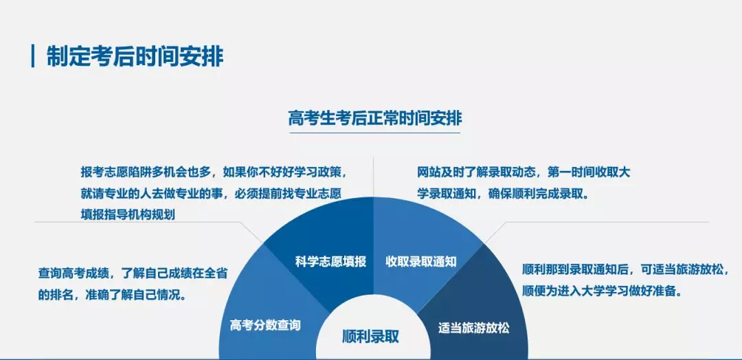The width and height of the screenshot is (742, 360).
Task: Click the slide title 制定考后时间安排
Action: point(135,56)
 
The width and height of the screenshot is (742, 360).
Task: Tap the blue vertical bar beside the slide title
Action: point(33,56)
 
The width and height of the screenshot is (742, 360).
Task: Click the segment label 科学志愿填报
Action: point(331,261)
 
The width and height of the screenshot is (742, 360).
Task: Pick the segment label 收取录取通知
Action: point(421,261)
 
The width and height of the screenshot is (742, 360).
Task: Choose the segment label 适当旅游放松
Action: point(474,328)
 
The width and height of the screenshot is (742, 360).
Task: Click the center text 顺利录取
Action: point(370,337)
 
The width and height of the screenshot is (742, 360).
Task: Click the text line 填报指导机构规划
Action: point(128,214)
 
